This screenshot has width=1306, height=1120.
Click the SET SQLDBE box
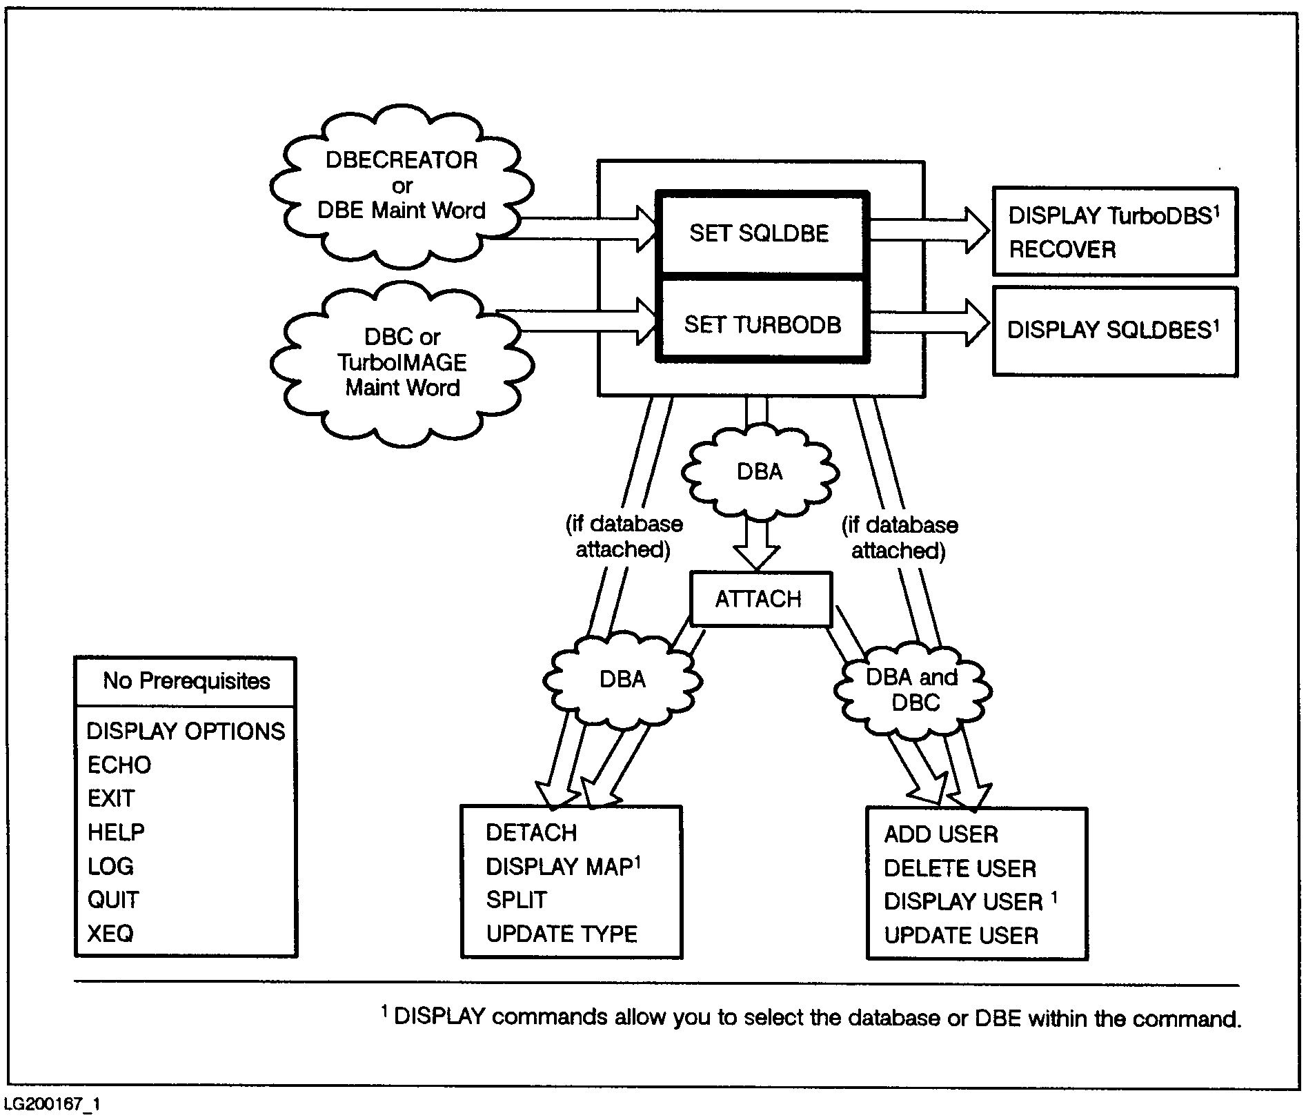coord(760,233)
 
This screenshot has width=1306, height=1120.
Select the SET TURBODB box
coord(762,324)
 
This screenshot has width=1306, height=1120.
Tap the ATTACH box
coord(759,598)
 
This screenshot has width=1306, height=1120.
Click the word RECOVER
coord(1062,249)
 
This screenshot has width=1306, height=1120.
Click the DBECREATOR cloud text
coord(401,160)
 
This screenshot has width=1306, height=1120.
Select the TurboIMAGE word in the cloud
coord(402,362)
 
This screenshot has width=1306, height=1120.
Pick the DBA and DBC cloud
coord(912,690)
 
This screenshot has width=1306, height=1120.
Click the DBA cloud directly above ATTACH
coord(760,472)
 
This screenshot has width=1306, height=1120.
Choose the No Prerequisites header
coord(186,681)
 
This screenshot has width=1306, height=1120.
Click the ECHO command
coord(119,765)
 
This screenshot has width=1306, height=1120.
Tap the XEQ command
coord(110,934)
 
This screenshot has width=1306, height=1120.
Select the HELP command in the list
coord(116,832)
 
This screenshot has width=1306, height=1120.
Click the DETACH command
coord(531,833)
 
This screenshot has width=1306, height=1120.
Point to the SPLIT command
coord(516,900)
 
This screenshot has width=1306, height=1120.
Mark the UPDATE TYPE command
coord(562,934)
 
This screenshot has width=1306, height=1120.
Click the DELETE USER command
coord(960,868)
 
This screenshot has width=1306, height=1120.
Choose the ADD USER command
coord(941,834)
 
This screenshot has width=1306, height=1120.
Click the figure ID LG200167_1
coord(52,1105)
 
